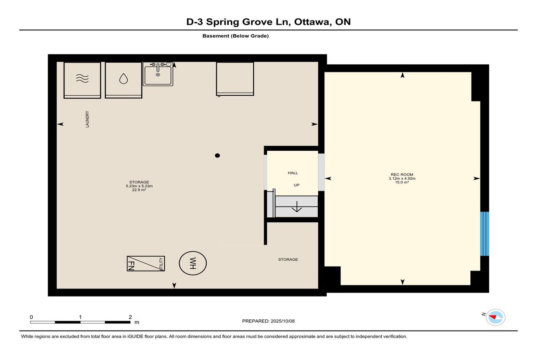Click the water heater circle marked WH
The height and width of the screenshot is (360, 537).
coord(193,263)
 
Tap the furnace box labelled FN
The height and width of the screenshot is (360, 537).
coord(146,263)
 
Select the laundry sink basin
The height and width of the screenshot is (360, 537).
coord(158,74)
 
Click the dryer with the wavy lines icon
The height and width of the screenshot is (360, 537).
coord(82,80)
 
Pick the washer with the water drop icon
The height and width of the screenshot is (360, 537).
coord(124,80)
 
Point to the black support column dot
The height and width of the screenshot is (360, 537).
coord(217,156)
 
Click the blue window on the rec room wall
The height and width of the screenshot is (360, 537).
coord(485,234)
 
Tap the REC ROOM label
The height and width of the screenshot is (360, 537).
coord(402,174)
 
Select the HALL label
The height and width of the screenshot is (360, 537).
coord(293,173)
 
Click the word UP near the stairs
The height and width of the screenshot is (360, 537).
coord(297,185)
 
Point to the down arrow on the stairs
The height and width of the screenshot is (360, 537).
coord(297,207)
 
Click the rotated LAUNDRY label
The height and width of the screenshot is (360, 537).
coord(87,119)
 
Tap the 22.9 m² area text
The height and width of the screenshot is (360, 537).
coord(139,190)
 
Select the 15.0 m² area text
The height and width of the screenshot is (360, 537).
coord(402,182)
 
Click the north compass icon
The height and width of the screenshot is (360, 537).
coord(495,317)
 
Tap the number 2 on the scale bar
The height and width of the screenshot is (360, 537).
coord(130,317)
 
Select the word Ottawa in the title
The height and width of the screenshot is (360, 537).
coord(313,22)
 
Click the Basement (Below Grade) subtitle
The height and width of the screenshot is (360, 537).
coord(235,36)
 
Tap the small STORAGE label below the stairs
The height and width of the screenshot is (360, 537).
coord(288,259)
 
